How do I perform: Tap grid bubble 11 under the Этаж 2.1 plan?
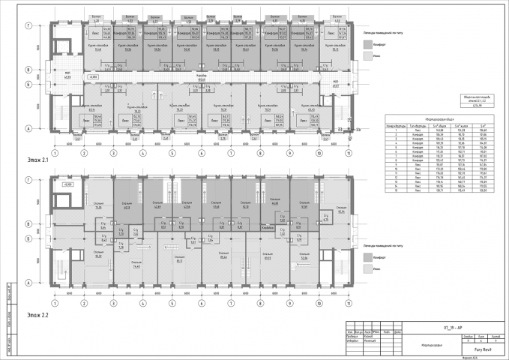click(x=347, y=153)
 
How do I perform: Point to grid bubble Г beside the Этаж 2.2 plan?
click(x=28, y=180)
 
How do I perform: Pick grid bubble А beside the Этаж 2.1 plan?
click(x=28, y=128)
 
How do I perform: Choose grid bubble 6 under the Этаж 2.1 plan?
click(x=201, y=153)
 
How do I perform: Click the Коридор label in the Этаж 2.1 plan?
click(x=201, y=75)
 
